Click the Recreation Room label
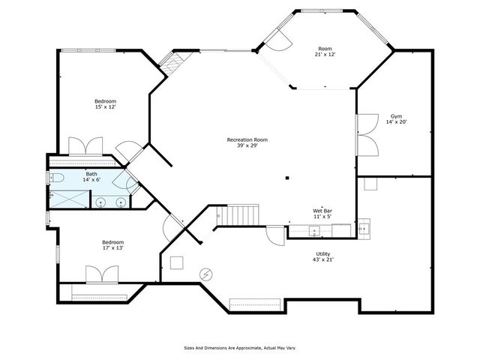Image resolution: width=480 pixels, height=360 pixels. tap(247, 139)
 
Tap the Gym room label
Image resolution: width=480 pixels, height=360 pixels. tap(396, 116)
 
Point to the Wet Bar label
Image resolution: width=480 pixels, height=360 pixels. tap(322, 211)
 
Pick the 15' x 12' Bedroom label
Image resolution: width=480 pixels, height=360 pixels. tap(105, 101)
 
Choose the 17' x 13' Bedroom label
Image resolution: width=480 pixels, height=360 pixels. tap(113, 242)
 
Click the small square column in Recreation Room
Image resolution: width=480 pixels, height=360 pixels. tap(286, 178)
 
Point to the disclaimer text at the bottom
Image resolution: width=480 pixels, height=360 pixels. tap(240, 347)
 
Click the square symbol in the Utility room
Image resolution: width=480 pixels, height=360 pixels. tap(177, 262)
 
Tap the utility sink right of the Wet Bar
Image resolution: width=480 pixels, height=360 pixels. tap(363, 227)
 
